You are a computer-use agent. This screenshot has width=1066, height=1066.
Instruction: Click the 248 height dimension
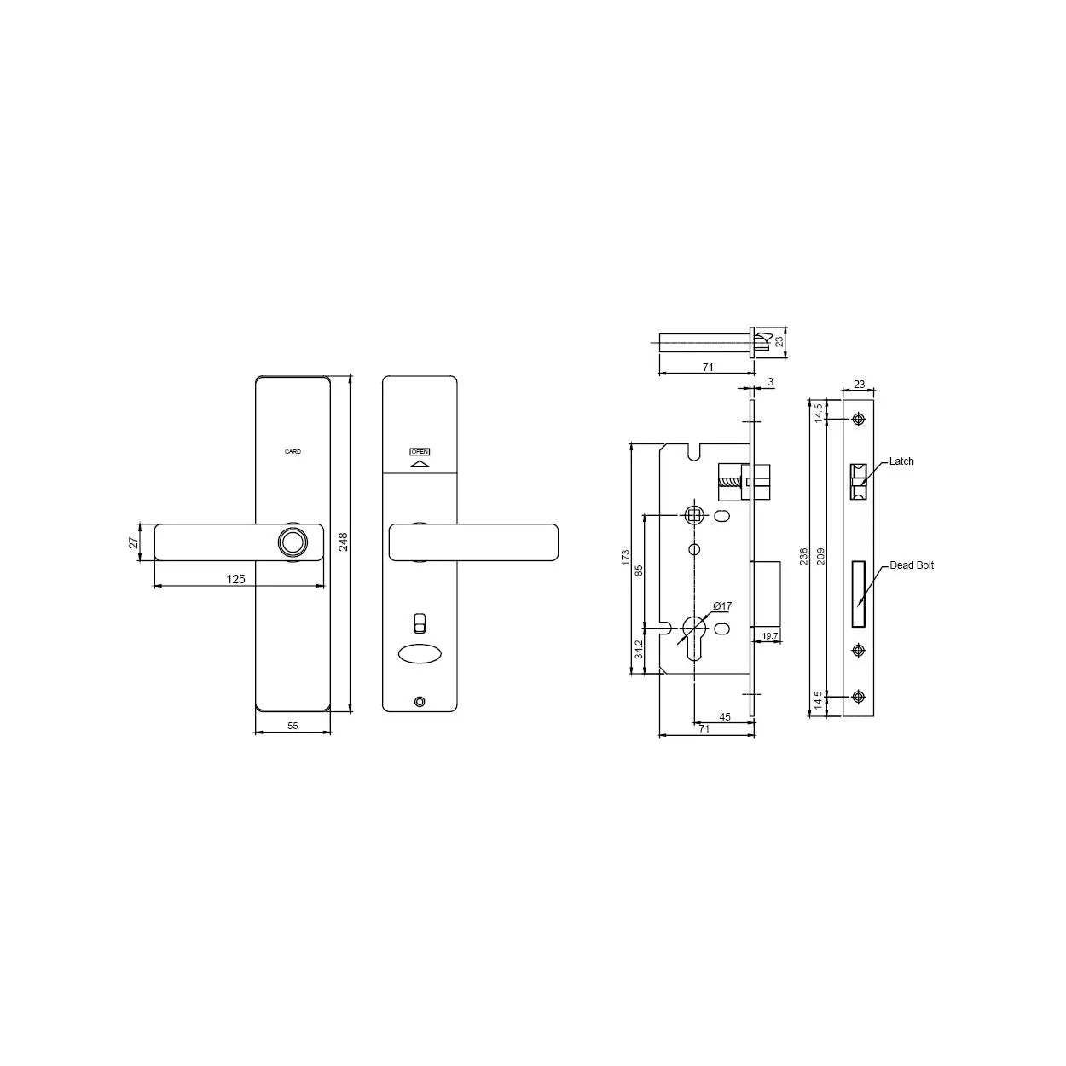344,542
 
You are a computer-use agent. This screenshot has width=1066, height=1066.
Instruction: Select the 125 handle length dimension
236,579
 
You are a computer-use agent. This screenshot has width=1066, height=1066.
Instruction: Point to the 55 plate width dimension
293,726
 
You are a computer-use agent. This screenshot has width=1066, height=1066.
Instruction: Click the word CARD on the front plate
293,451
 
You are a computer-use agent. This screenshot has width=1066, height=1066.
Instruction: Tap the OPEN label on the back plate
420,451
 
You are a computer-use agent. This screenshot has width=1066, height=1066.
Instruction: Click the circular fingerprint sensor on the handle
292,542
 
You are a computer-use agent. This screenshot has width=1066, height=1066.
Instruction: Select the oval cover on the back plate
419,654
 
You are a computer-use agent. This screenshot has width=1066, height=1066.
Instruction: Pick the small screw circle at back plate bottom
418,702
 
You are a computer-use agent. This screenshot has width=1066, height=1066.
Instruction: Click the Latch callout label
901,461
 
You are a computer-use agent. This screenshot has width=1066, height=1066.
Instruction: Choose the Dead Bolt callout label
911,565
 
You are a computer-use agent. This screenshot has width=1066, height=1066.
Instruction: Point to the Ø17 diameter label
721,606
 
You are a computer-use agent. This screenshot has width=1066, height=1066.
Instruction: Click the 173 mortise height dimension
625,559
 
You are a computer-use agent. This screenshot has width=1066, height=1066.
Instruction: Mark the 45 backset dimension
725,717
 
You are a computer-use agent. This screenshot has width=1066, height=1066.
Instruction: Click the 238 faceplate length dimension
804,557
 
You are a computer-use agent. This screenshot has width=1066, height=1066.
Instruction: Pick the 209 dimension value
820,557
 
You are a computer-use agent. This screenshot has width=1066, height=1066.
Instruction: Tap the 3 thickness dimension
770,382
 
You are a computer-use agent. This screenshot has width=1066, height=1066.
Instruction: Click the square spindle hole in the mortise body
694,514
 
